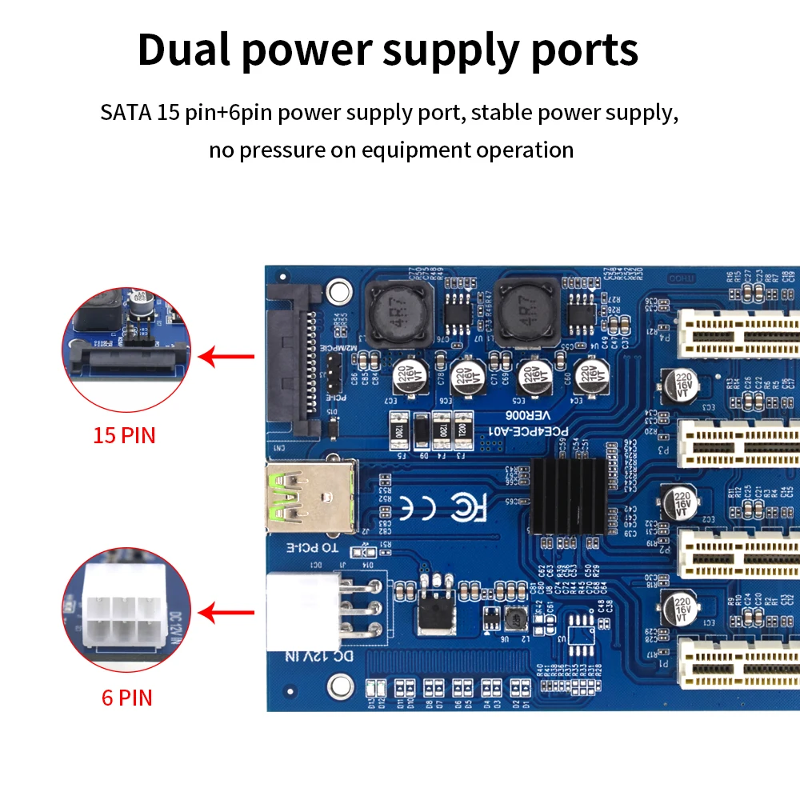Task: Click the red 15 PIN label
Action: (124, 436)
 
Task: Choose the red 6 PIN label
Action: (126, 697)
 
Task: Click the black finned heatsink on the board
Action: (566, 496)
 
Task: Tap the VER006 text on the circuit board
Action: (529, 416)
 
